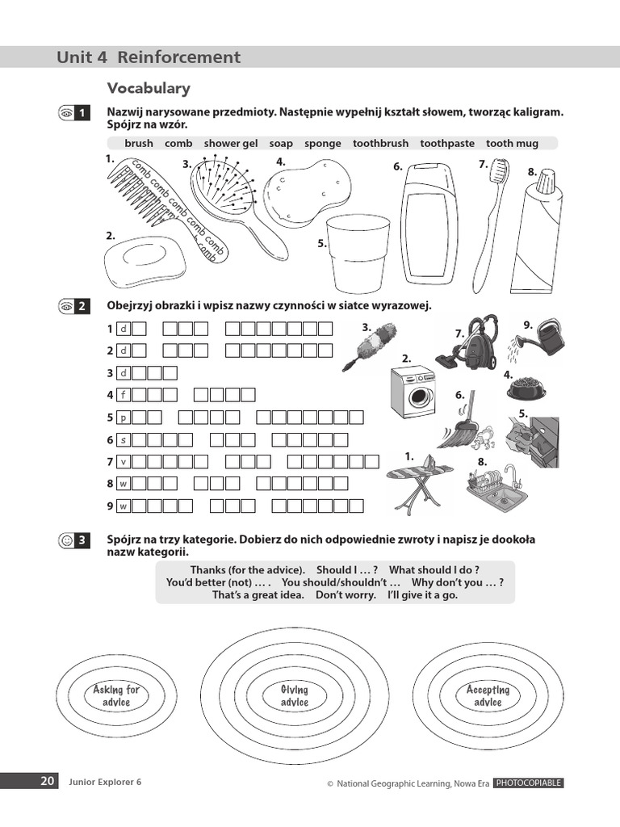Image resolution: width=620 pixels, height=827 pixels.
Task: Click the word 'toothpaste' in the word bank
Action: pos(447,143)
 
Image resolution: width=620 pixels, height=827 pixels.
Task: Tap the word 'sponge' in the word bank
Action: pos(323,143)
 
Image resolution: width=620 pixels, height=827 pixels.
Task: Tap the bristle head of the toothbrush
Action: pos(501,172)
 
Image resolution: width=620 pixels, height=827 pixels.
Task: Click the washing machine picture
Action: pos(412,393)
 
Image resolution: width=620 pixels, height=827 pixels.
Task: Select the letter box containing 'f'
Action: pos(124,395)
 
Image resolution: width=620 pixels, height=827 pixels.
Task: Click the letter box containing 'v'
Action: pos(124,462)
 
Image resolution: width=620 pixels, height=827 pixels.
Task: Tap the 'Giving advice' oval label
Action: pos(294,695)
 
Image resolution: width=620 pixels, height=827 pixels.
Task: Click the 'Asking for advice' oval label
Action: pos(116,695)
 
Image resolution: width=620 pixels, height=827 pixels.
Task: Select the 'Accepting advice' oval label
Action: pos(488,695)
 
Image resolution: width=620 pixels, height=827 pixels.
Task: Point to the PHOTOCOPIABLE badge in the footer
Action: pos(528,783)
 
